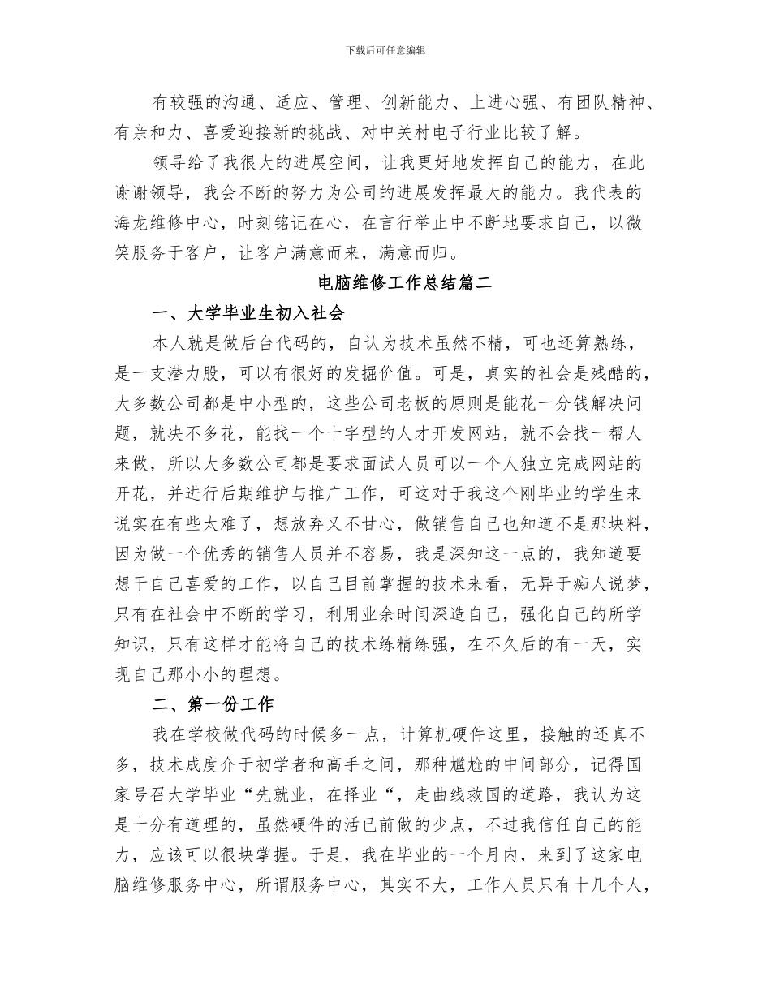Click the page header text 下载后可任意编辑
click(x=385, y=50)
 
